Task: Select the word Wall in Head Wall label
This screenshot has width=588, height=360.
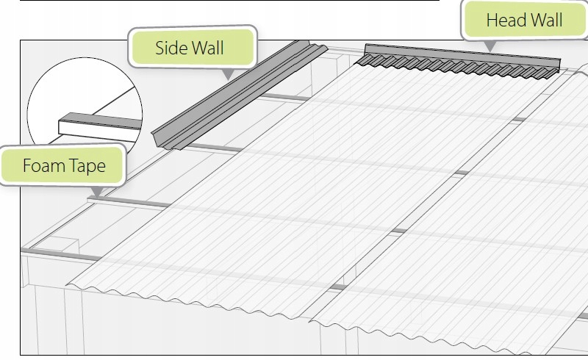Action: tap(547, 20)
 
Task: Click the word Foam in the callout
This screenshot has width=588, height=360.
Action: tap(43, 165)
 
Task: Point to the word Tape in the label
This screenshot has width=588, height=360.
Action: tap(86, 165)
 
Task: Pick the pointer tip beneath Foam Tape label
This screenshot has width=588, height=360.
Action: tap(96, 195)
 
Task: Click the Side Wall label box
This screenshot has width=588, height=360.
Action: tap(193, 49)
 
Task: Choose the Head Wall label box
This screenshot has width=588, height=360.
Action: tap(525, 21)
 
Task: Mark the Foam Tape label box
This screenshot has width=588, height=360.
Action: tap(64, 166)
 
